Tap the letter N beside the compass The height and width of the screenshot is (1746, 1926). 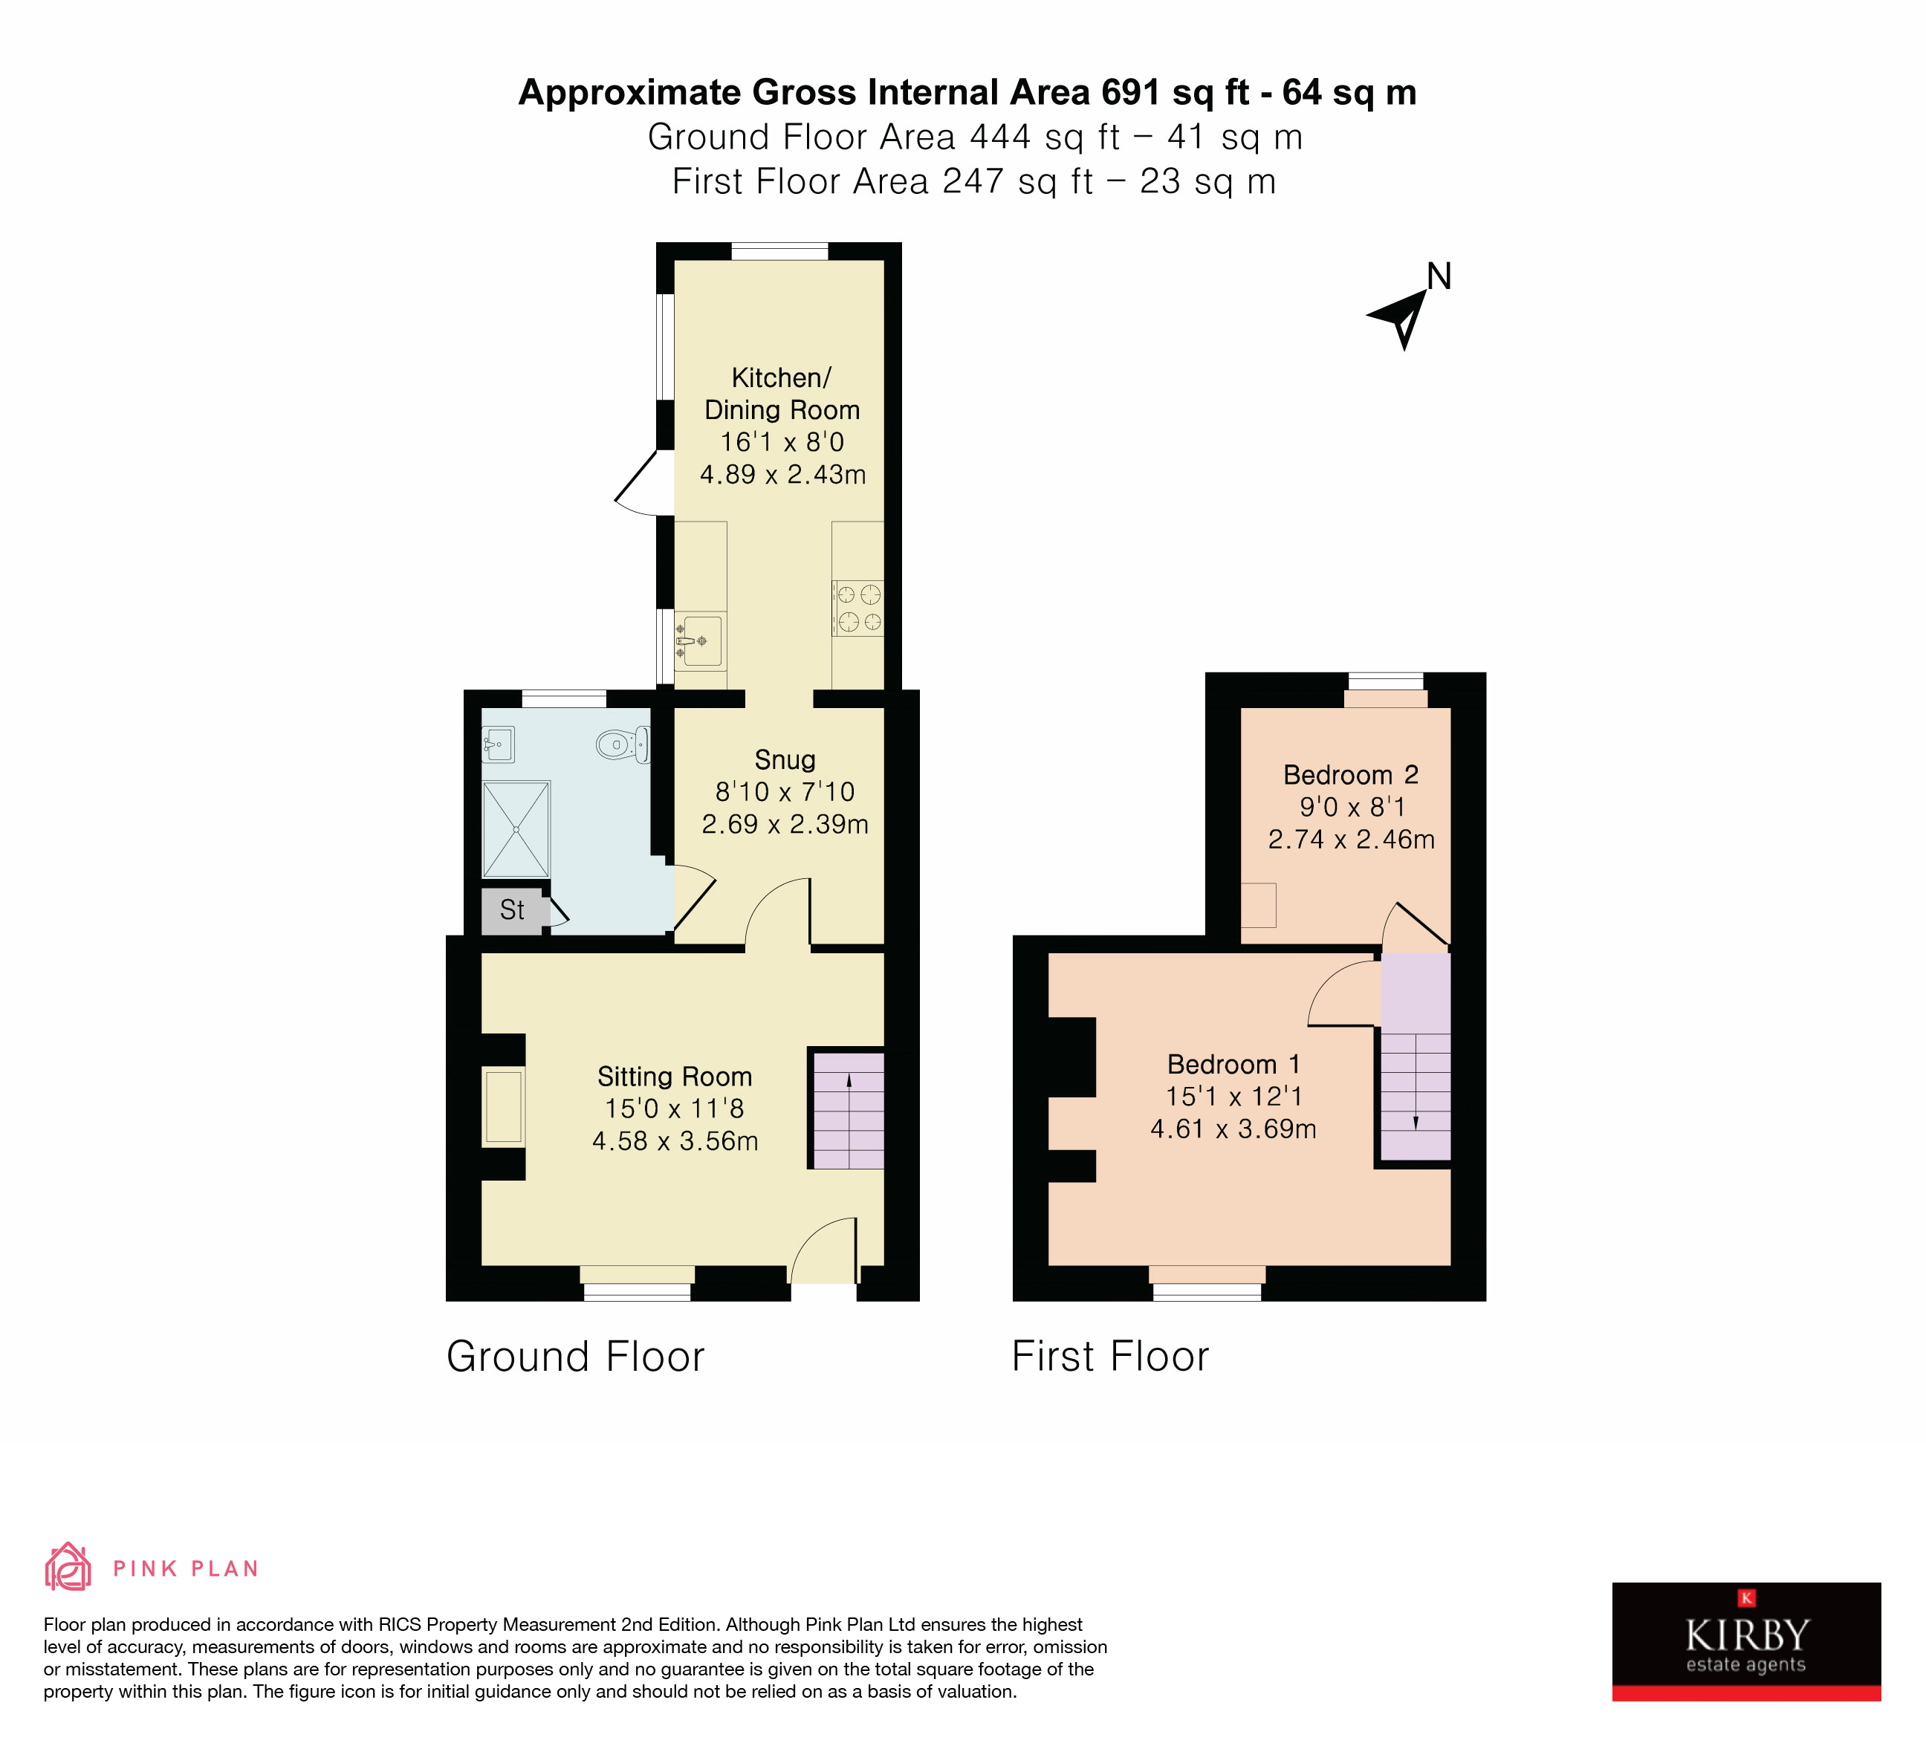click(1439, 277)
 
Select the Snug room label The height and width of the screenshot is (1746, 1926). click(785, 759)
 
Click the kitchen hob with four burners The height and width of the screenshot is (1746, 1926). click(858, 608)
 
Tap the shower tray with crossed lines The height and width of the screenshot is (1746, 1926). click(516, 829)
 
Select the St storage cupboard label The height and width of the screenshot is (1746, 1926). click(512, 909)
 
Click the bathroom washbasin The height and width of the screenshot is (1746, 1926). click(498, 744)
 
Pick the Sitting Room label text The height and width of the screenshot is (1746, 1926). click(675, 1077)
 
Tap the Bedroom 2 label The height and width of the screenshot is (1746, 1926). click(1350, 775)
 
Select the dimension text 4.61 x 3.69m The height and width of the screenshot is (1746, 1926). click(1233, 1129)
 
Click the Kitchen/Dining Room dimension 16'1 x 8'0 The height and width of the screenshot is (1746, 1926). click(782, 442)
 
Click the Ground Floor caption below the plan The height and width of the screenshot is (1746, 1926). click(575, 1356)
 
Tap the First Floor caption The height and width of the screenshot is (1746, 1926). click(1110, 1356)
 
